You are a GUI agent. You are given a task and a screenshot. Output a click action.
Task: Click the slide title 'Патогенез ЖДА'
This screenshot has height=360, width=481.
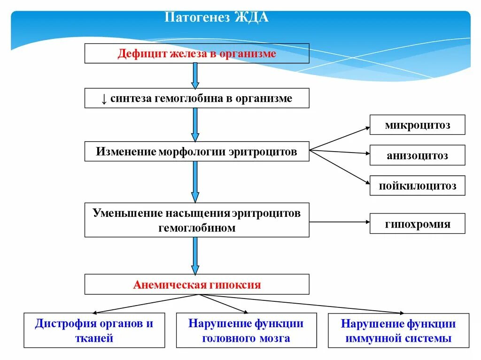pos(217,18)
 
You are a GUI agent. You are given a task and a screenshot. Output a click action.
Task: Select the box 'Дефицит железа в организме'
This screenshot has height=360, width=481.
pos(197,54)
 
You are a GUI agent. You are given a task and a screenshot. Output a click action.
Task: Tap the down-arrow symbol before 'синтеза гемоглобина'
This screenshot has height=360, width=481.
pos(104,99)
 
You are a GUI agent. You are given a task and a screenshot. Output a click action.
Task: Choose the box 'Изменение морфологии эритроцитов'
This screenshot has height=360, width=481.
pos(197,152)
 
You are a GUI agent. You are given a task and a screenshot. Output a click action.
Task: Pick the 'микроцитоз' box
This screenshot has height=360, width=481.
pos(417,125)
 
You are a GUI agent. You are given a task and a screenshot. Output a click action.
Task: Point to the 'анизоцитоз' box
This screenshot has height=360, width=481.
pos(417,155)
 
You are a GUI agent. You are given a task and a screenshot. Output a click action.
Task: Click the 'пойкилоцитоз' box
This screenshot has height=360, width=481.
pos(417,186)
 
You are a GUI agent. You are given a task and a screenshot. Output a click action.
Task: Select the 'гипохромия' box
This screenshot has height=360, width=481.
pos(417,224)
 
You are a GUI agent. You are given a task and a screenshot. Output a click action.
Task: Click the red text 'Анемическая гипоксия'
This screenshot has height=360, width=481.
pos(197,284)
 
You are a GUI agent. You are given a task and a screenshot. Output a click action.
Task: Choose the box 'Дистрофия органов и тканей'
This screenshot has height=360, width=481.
pos(94,330)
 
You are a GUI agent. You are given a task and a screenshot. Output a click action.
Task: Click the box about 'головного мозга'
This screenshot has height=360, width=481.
pos(246,330)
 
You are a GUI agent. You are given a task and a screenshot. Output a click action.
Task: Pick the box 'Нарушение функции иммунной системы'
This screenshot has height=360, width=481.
pos(398,330)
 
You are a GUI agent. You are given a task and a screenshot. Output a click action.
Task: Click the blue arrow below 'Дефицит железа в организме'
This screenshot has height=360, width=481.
pos(195,76)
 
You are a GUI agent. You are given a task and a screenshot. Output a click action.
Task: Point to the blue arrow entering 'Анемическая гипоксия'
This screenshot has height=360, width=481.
pos(195,256)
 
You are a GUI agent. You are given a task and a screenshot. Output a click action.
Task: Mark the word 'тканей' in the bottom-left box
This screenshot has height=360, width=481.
pos(94,338)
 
